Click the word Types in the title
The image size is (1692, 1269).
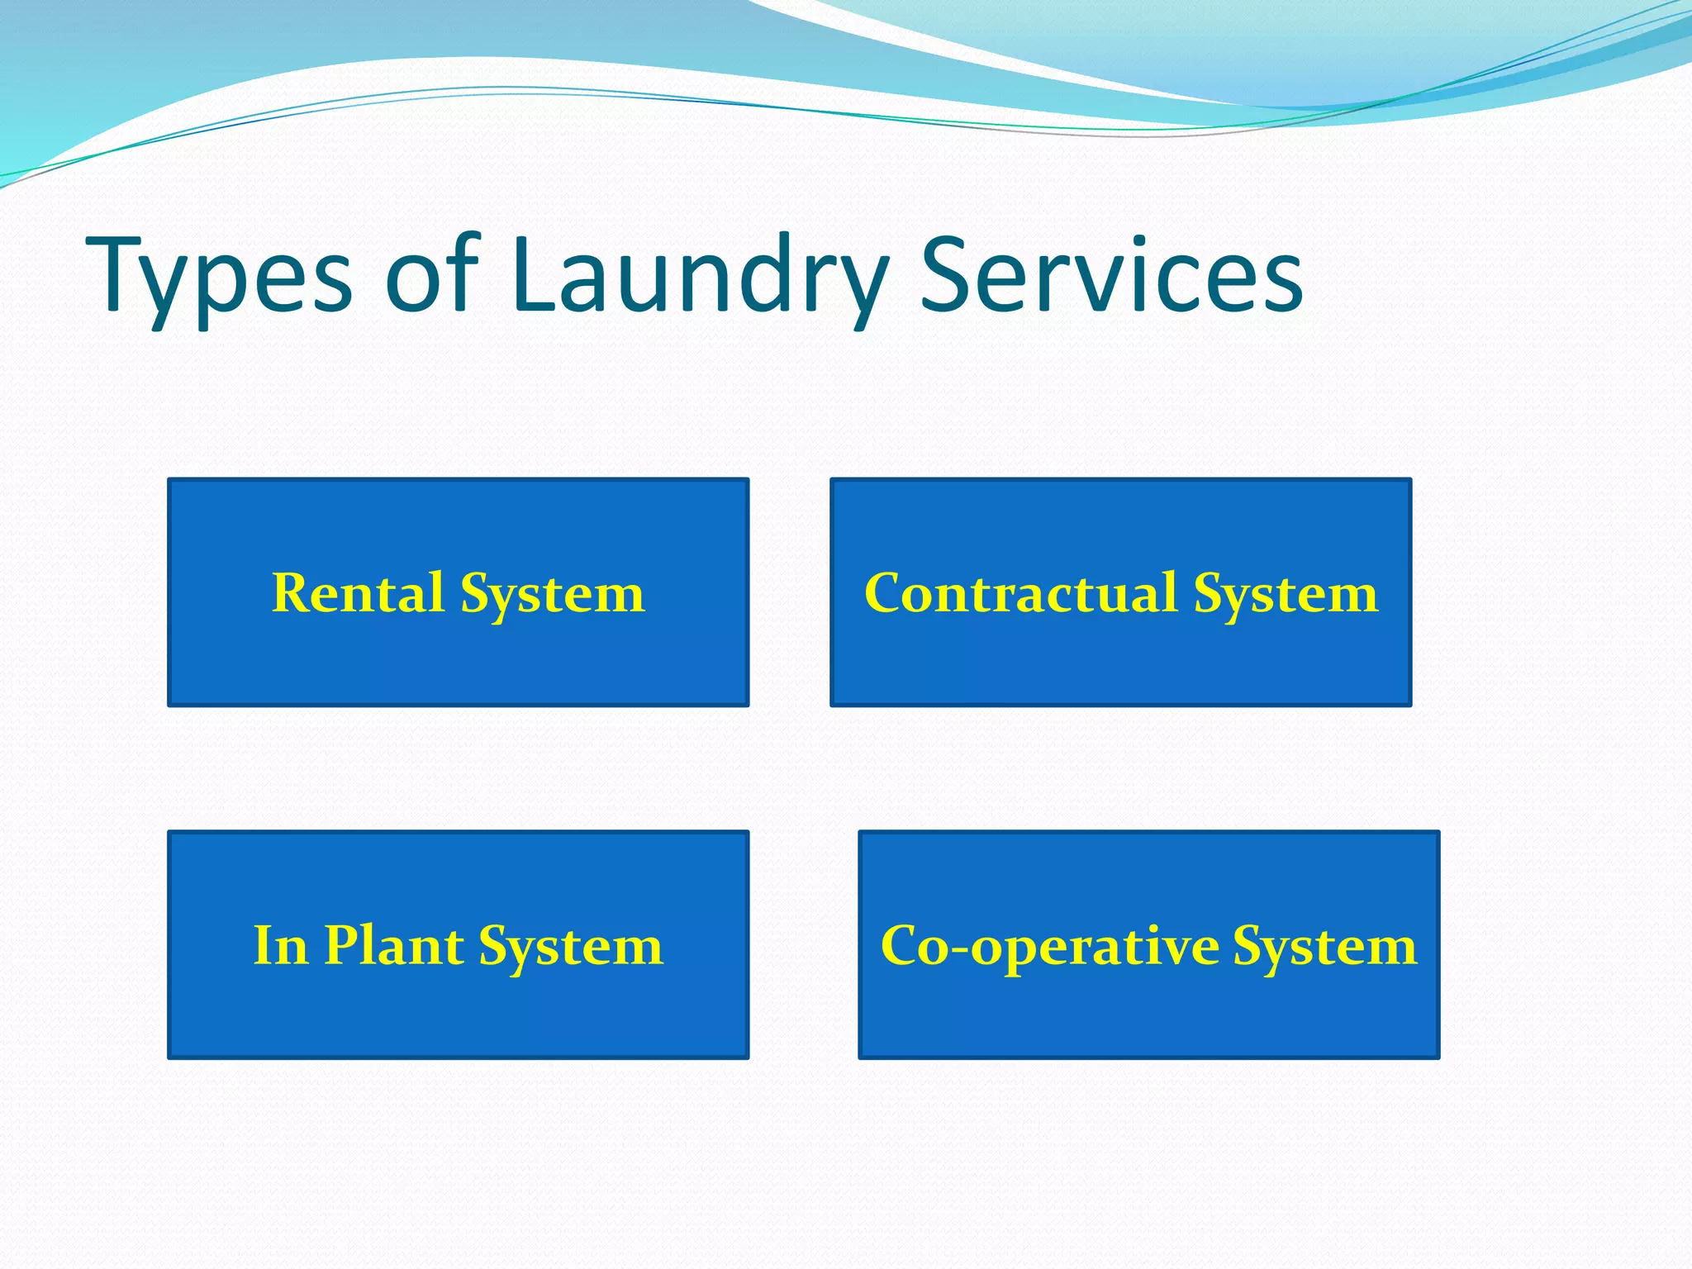pyautogui.click(x=219, y=277)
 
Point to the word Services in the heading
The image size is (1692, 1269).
pyautogui.click(x=1110, y=273)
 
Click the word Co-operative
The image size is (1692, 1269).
pyautogui.click(x=1049, y=946)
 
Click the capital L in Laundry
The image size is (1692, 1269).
pyautogui.click(x=534, y=273)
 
